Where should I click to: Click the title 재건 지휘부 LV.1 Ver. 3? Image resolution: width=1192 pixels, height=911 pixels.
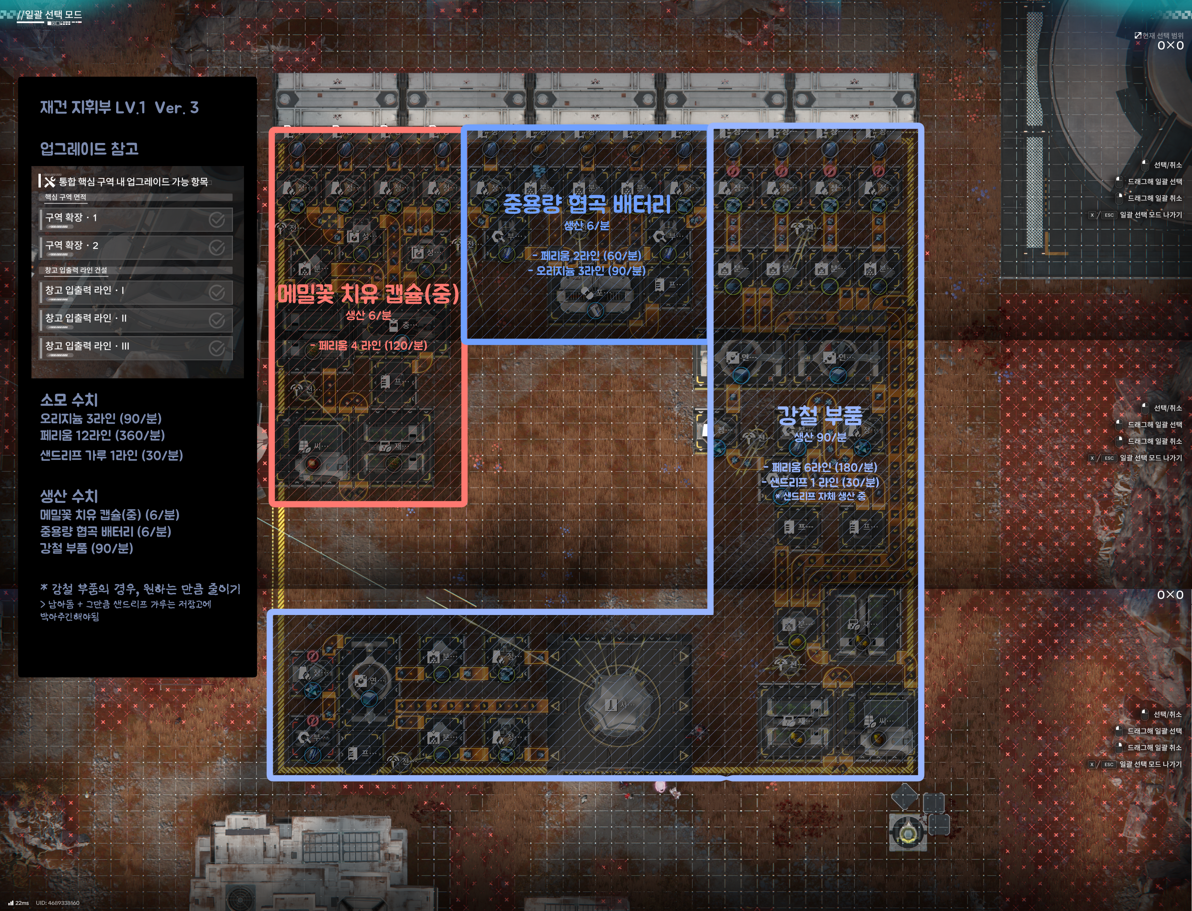click(119, 107)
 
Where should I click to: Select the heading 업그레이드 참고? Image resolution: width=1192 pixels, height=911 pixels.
click(89, 149)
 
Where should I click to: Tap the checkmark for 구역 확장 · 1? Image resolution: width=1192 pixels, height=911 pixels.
click(217, 220)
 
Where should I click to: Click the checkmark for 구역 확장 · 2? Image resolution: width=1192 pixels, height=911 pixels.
click(217, 248)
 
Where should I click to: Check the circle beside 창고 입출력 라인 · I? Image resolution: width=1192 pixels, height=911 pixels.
click(217, 293)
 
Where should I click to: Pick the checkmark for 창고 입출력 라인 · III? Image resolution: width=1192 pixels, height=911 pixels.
click(217, 348)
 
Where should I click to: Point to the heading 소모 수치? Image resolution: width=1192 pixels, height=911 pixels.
click(69, 400)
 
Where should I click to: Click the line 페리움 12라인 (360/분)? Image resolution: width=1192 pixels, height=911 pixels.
click(102, 436)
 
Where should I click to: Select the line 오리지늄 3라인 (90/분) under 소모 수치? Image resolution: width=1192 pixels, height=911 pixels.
click(100, 419)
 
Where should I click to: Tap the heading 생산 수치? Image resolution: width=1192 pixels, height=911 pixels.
click(69, 496)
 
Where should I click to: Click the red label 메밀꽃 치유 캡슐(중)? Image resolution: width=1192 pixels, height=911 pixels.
click(368, 294)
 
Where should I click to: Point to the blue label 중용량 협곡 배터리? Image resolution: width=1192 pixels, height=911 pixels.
click(587, 205)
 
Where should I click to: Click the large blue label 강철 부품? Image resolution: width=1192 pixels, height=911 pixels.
click(819, 415)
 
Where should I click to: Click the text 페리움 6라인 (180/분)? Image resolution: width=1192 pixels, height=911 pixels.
click(820, 467)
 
